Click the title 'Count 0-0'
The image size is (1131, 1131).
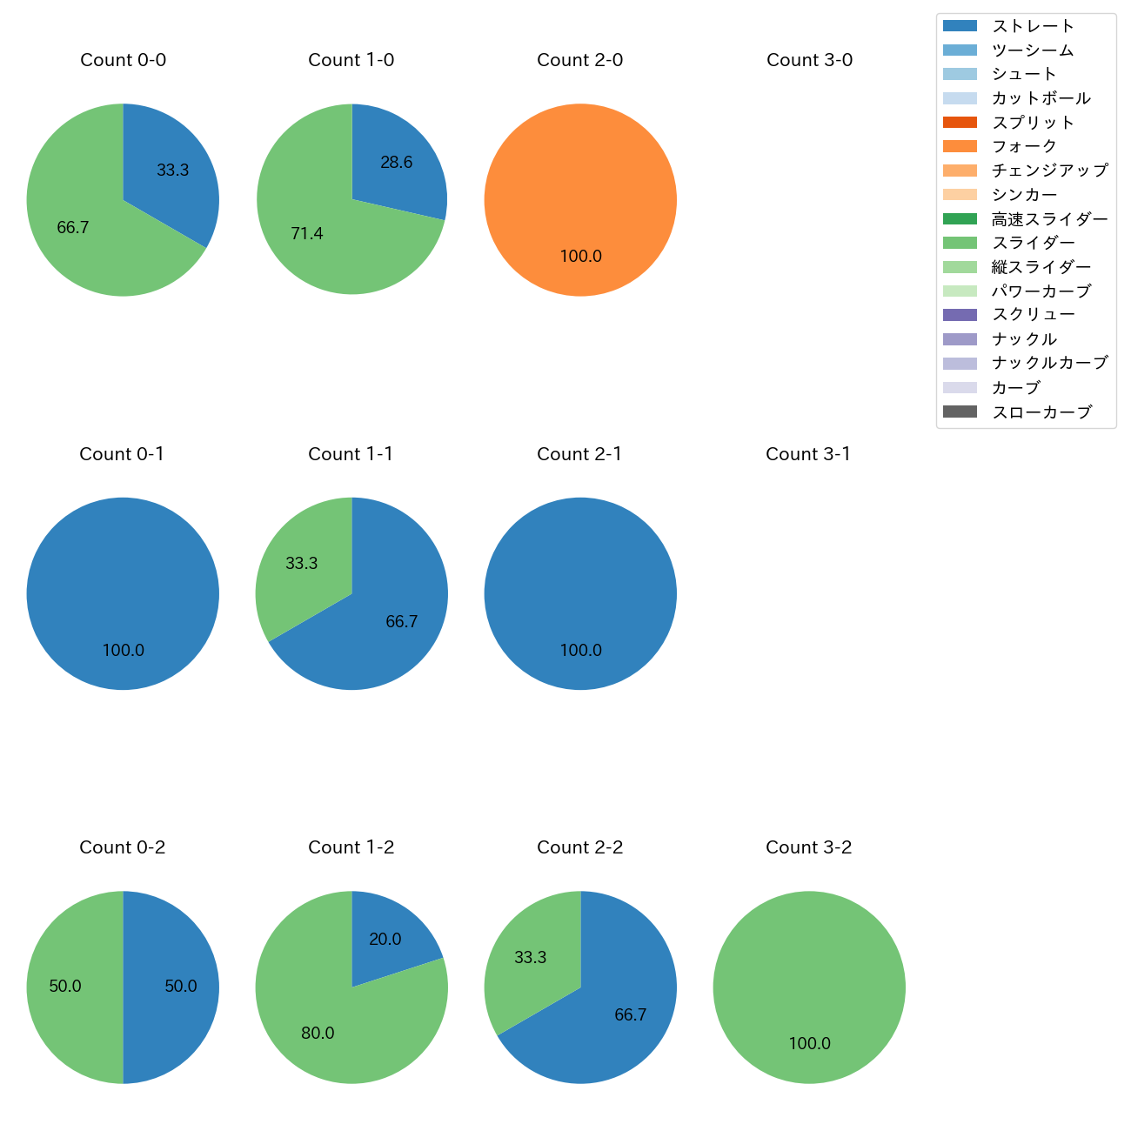point(123,60)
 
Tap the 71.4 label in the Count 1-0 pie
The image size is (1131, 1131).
point(307,233)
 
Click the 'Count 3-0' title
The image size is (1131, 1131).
point(809,60)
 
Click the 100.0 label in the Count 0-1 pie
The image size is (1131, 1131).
point(123,650)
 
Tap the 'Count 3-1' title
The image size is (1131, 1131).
point(808,454)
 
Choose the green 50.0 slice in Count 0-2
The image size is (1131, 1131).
point(70,987)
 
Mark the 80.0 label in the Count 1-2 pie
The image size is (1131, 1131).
point(318,1033)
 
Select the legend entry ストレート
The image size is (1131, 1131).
point(1033,26)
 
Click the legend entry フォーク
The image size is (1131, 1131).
point(1024,146)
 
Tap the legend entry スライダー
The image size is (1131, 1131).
point(1033,243)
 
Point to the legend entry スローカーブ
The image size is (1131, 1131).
point(1041,412)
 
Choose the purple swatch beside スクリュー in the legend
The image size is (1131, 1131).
point(960,315)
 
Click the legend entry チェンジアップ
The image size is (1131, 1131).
point(1049,171)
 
